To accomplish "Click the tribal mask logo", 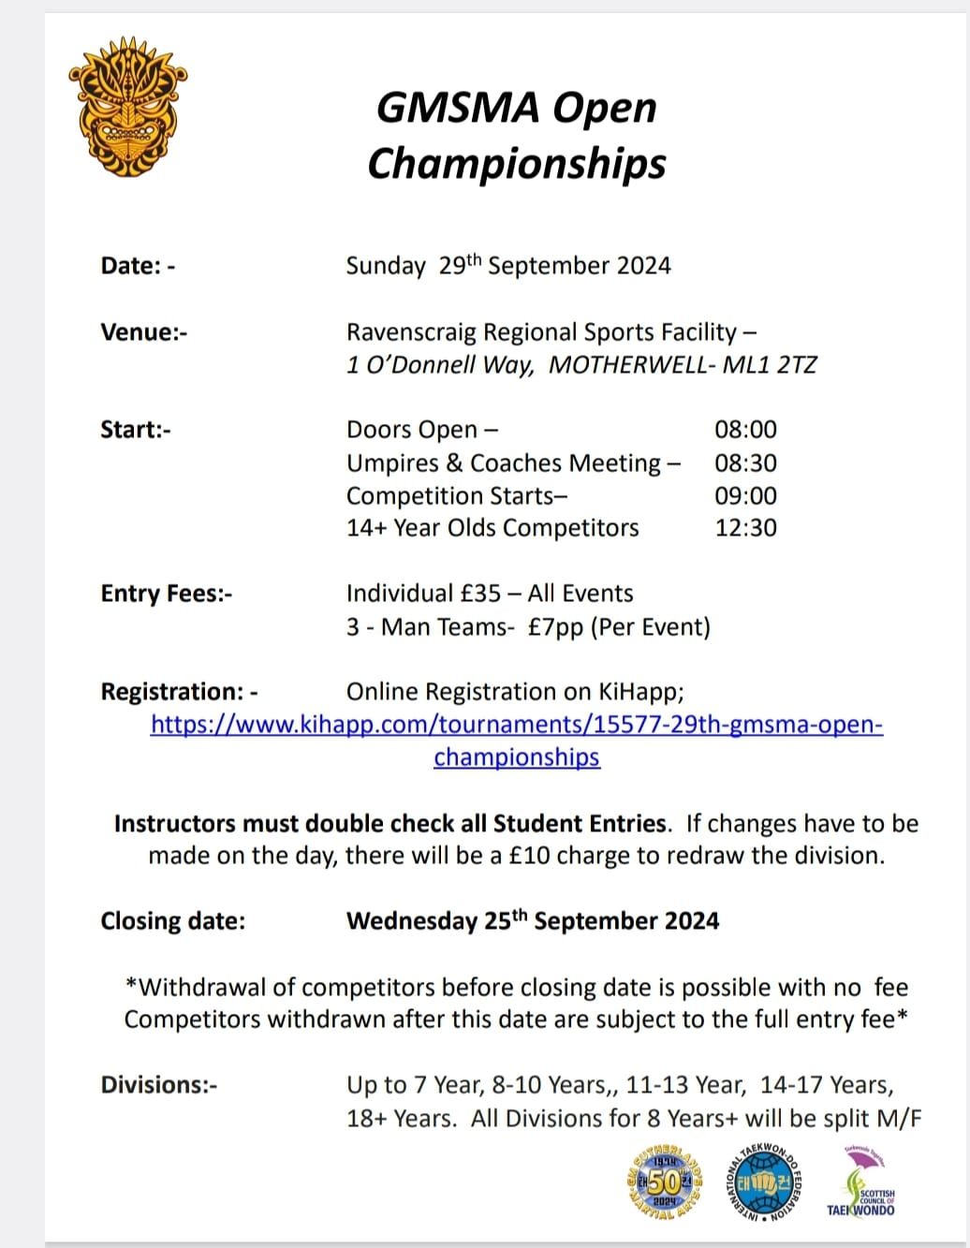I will pos(130,105).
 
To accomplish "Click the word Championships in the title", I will pos(516,163).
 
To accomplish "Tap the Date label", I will pos(138,266).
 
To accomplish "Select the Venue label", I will pos(143,332).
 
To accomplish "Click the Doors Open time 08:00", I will pos(745,430).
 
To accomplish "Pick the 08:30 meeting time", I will pos(745,462).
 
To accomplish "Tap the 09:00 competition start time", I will pos(745,495).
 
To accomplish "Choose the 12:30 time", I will pos(745,528).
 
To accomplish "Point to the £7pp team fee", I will pos(555,626).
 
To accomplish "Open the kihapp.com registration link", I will pos(516,726).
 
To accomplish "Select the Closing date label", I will pos(173,921).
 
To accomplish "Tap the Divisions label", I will pos(159,1085).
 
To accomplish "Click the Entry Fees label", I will pos(167,594).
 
